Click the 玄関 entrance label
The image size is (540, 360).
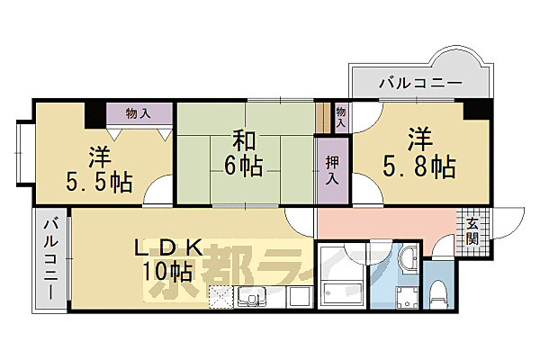click(x=472, y=232)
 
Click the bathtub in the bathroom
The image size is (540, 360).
click(x=340, y=291)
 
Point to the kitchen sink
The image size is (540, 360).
click(x=247, y=296)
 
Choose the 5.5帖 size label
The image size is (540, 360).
click(x=99, y=181)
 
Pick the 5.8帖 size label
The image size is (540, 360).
click(x=418, y=166)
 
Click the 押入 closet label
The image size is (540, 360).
click(x=332, y=167)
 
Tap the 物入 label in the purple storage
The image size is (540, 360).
click(x=138, y=113)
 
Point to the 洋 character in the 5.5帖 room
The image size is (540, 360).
click(x=99, y=155)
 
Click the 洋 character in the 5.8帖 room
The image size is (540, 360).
click(x=419, y=139)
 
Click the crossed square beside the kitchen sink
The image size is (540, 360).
click(x=220, y=296)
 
